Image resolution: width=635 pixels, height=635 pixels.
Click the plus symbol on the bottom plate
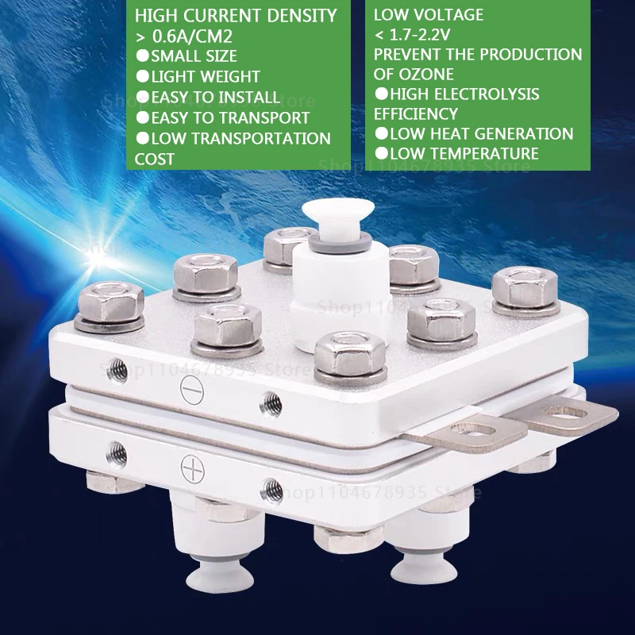(191, 468)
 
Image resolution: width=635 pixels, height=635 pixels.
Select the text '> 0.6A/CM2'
(182, 37)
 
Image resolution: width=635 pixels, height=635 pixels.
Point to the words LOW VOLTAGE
(429, 15)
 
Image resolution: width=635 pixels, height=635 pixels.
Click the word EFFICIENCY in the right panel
(416, 114)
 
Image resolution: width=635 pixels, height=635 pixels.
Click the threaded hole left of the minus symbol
(117, 367)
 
